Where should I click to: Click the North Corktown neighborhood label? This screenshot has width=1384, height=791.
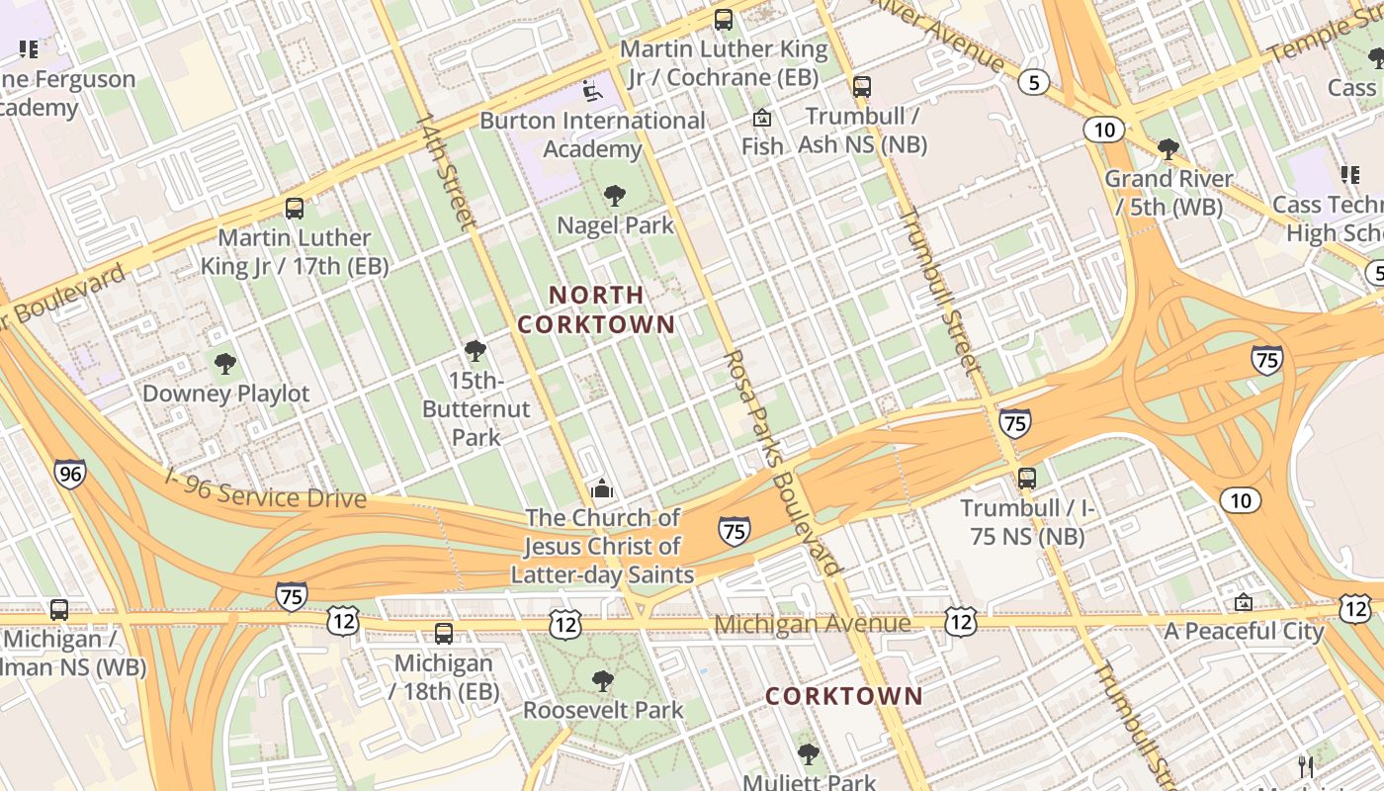tap(596, 309)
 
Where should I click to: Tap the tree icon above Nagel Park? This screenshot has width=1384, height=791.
tap(615, 196)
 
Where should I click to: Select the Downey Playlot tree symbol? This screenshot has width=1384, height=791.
tap(225, 364)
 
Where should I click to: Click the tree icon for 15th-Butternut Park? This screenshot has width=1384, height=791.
tap(476, 351)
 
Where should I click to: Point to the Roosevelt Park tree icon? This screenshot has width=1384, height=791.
tap(602, 681)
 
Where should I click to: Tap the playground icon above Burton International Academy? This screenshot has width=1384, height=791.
tap(591, 91)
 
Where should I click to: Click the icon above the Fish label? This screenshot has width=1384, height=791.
tap(762, 119)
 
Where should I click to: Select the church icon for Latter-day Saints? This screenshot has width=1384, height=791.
tap(601, 488)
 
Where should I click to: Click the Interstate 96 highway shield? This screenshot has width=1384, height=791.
tap(69, 474)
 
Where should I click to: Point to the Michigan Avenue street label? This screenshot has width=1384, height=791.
tap(812, 624)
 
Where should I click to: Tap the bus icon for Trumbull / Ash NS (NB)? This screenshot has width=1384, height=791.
tap(862, 87)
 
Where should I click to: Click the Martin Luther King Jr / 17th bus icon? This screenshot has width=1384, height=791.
tap(295, 209)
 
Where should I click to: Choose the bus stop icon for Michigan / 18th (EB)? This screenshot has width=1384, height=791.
tap(444, 634)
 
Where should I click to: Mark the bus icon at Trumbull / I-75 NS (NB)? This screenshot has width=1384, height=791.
tap(1027, 479)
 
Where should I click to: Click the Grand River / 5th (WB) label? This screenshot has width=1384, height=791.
tap(1168, 193)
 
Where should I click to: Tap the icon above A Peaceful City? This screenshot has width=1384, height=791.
tap(1244, 602)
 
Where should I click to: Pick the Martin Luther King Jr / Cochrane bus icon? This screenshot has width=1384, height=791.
tap(724, 20)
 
